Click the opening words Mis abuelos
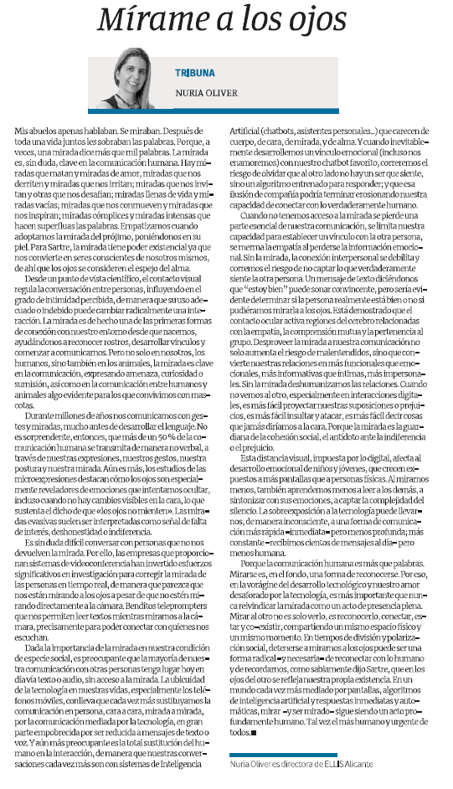click(35, 132)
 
